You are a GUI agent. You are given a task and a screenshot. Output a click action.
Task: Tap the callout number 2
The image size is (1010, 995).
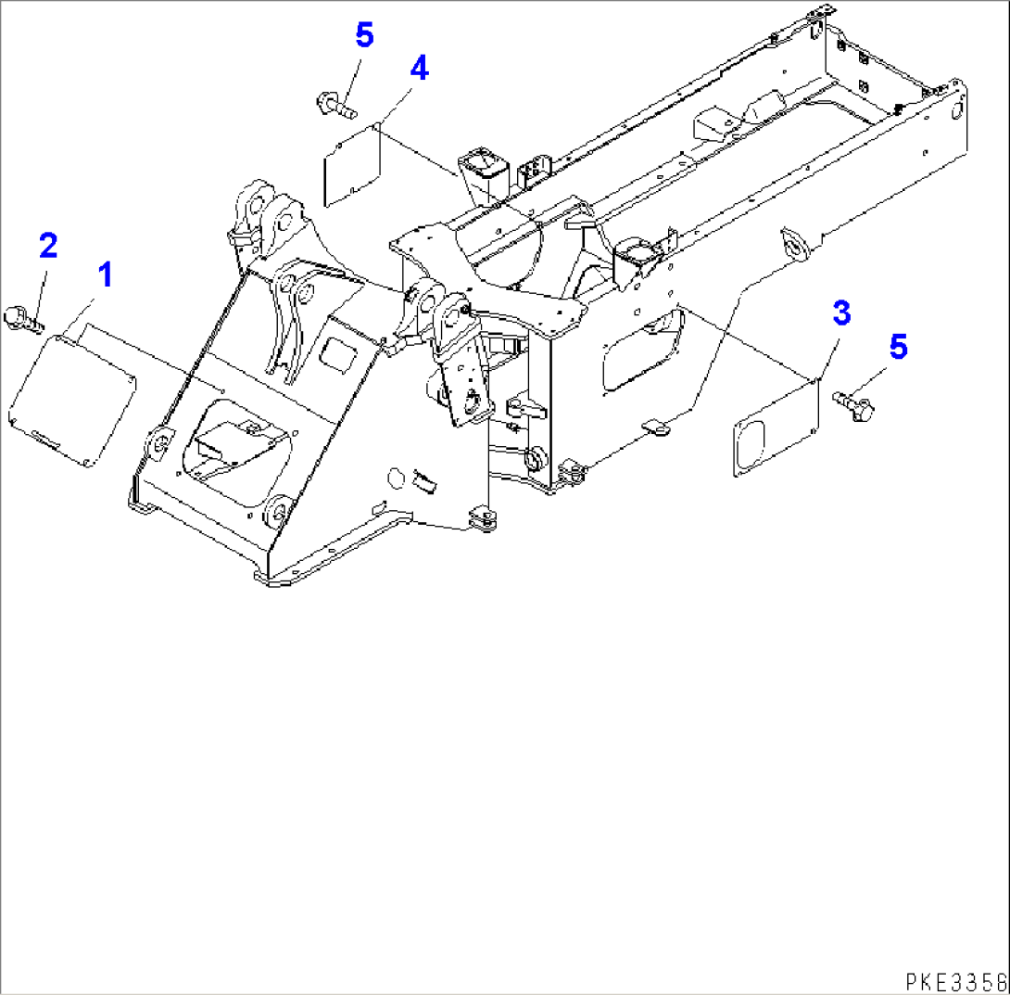click(x=47, y=246)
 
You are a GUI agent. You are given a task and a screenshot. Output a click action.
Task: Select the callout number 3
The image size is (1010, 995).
click(x=840, y=313)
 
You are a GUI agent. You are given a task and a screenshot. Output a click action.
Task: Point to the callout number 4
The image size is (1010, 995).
click(x=419, y=68)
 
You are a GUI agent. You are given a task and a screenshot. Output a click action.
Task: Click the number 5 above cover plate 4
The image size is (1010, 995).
click(x=364, y=36)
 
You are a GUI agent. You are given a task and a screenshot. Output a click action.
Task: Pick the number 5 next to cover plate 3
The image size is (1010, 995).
click(x=897, y=347)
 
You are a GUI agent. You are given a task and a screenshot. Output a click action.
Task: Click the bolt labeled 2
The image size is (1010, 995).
click(x=21, y=317)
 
